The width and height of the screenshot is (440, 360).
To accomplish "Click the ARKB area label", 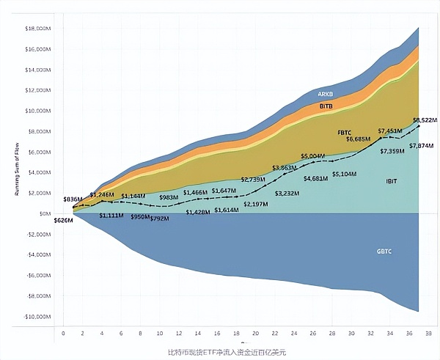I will coord(326,95).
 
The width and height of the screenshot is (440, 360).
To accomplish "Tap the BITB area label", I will coord(326,106).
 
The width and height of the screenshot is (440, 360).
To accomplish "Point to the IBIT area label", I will coord(371,180).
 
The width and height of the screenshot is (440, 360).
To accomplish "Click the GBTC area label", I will coord(384,251).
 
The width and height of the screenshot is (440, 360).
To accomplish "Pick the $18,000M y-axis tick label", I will coord(37,28).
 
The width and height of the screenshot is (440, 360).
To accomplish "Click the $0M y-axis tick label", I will coord(45,213).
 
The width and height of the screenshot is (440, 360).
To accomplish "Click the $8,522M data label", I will coord(425,120).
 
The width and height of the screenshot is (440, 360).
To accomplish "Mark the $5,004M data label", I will coord(314,156).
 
